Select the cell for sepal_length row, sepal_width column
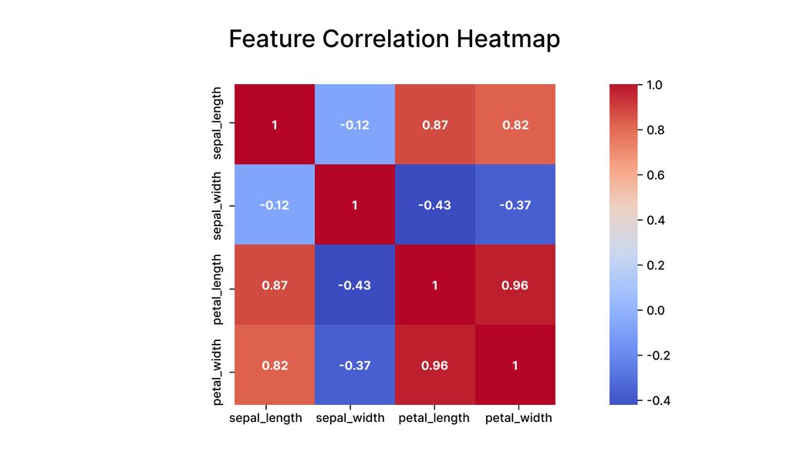pyautogui.click(x=355, y=125)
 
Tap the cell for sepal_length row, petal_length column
pyautogui.click(x=435, y=125)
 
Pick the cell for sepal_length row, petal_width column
pyautogui.click(x=515, y=125)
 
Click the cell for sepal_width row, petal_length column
pyautogui.click(x=435, y=205)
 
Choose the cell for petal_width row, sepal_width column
pyautogui.click(x=355, y=365)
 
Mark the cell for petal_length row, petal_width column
pyautogui.click(x=515, y=285)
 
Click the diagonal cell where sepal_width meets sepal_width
pyautogui.click(x=355, y=205)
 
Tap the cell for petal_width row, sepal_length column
pyautogui.click(x=275, y=365)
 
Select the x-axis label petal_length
pyautogui.click(x=434, y=418)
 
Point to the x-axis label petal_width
pyautogui.click(x=518, y=418)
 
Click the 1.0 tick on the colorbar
pyautogui.click(x=654, y=85)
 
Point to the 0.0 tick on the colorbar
pyautogui.click(x=654, y=310)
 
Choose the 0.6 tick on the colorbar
pyautogui.click(x=654, y=175)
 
